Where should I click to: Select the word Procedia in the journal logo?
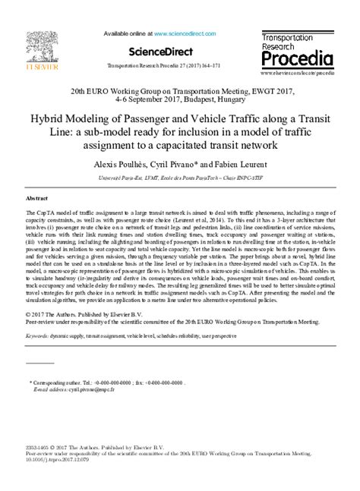tap(297, 58)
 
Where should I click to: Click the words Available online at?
tap(127, 34)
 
